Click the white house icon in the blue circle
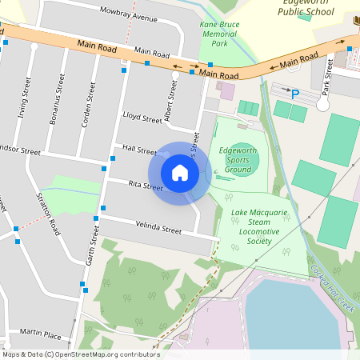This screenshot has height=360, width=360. click(180, 173)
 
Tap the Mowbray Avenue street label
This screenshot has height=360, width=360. click(129, 16)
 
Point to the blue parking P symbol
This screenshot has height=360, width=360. click(295, 94)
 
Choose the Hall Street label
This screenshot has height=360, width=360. click(140, 150)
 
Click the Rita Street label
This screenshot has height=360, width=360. click(146, 187)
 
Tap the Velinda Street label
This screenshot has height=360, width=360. click(158, 227)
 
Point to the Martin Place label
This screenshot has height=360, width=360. click(41, 331)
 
